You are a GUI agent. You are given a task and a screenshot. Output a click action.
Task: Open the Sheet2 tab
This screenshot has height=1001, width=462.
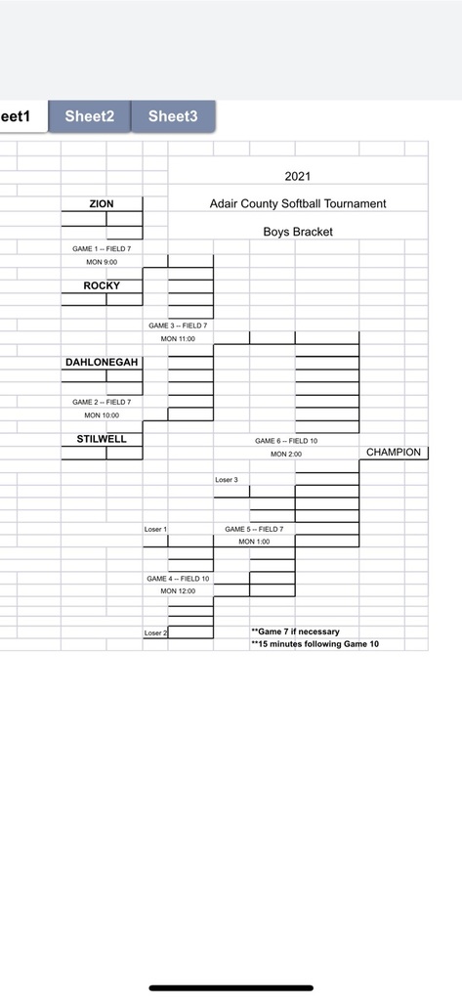click(x=89, y=116)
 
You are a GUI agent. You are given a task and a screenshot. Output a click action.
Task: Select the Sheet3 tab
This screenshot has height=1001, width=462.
click(x=173, y=116)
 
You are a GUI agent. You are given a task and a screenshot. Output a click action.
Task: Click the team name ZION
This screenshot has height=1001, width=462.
click(x=102, y=203)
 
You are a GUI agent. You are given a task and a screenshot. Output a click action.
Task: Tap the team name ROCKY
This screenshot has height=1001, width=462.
click(x=102, y=285)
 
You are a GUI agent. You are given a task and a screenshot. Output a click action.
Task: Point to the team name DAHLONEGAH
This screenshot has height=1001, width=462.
click(x=102, y=362)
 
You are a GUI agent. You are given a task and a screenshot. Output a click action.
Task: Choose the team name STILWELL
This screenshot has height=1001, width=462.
click(x=102, y=439)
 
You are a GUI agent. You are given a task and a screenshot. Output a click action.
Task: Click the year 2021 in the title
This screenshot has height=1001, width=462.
click(x=297, y=176)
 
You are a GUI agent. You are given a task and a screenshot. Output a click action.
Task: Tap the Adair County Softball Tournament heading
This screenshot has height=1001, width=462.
click(x=298, y=203)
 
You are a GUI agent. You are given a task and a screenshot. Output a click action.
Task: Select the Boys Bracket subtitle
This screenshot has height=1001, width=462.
click(x=298, y=232)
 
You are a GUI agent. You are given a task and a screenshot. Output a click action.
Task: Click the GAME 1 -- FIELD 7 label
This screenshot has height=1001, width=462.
click(x=102, y=249)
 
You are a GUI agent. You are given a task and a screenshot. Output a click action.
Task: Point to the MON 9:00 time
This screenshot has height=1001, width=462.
click(x=102, y=262)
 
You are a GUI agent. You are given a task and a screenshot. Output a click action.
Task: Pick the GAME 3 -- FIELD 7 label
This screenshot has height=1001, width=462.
click(x=178, y=326)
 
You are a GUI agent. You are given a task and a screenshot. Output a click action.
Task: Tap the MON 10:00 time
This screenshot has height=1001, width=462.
click(x=102, y=414)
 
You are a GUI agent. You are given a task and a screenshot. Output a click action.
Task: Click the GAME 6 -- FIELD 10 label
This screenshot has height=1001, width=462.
click(x=286, y=441)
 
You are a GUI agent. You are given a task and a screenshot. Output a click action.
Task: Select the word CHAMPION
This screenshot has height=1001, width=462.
click(x=394, y=452)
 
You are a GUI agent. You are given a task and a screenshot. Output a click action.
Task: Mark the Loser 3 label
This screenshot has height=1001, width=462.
click(x=227, y=479)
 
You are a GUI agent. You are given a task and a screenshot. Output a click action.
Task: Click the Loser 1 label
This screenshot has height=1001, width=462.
click(x=155, y=529)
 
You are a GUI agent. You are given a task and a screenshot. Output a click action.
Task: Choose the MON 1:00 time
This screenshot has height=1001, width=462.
click(x=255, y=542)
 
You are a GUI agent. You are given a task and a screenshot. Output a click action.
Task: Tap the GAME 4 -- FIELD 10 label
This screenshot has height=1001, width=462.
click(x=178, y=579)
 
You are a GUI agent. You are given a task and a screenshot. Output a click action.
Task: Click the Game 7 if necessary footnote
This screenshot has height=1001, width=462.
click(x=295, y=631)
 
